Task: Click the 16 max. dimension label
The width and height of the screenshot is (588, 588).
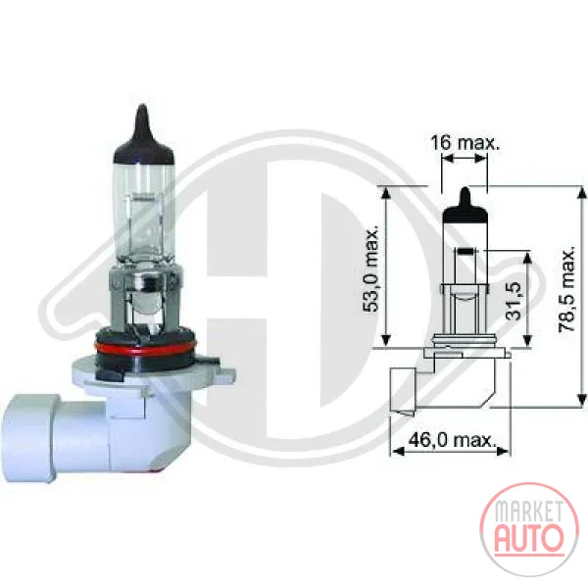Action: (x=465, y=142)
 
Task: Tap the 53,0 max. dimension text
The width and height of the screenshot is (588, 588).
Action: (x=371, y=269)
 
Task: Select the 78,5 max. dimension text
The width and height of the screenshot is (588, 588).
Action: (x=566, y=289)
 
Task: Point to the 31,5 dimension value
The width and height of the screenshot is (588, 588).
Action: (x=514, y=300)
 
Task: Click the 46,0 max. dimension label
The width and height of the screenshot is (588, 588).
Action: (x=452, y=439)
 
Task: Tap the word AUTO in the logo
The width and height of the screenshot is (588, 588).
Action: (x=529, y=539)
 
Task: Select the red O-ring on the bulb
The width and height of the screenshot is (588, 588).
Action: (x=146, y=348)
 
